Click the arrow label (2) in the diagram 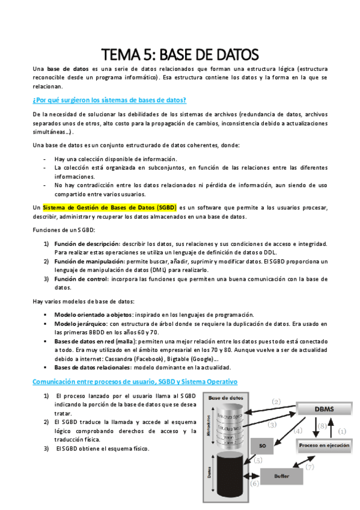tap(276, 401)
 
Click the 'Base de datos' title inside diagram tap(225, 398)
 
